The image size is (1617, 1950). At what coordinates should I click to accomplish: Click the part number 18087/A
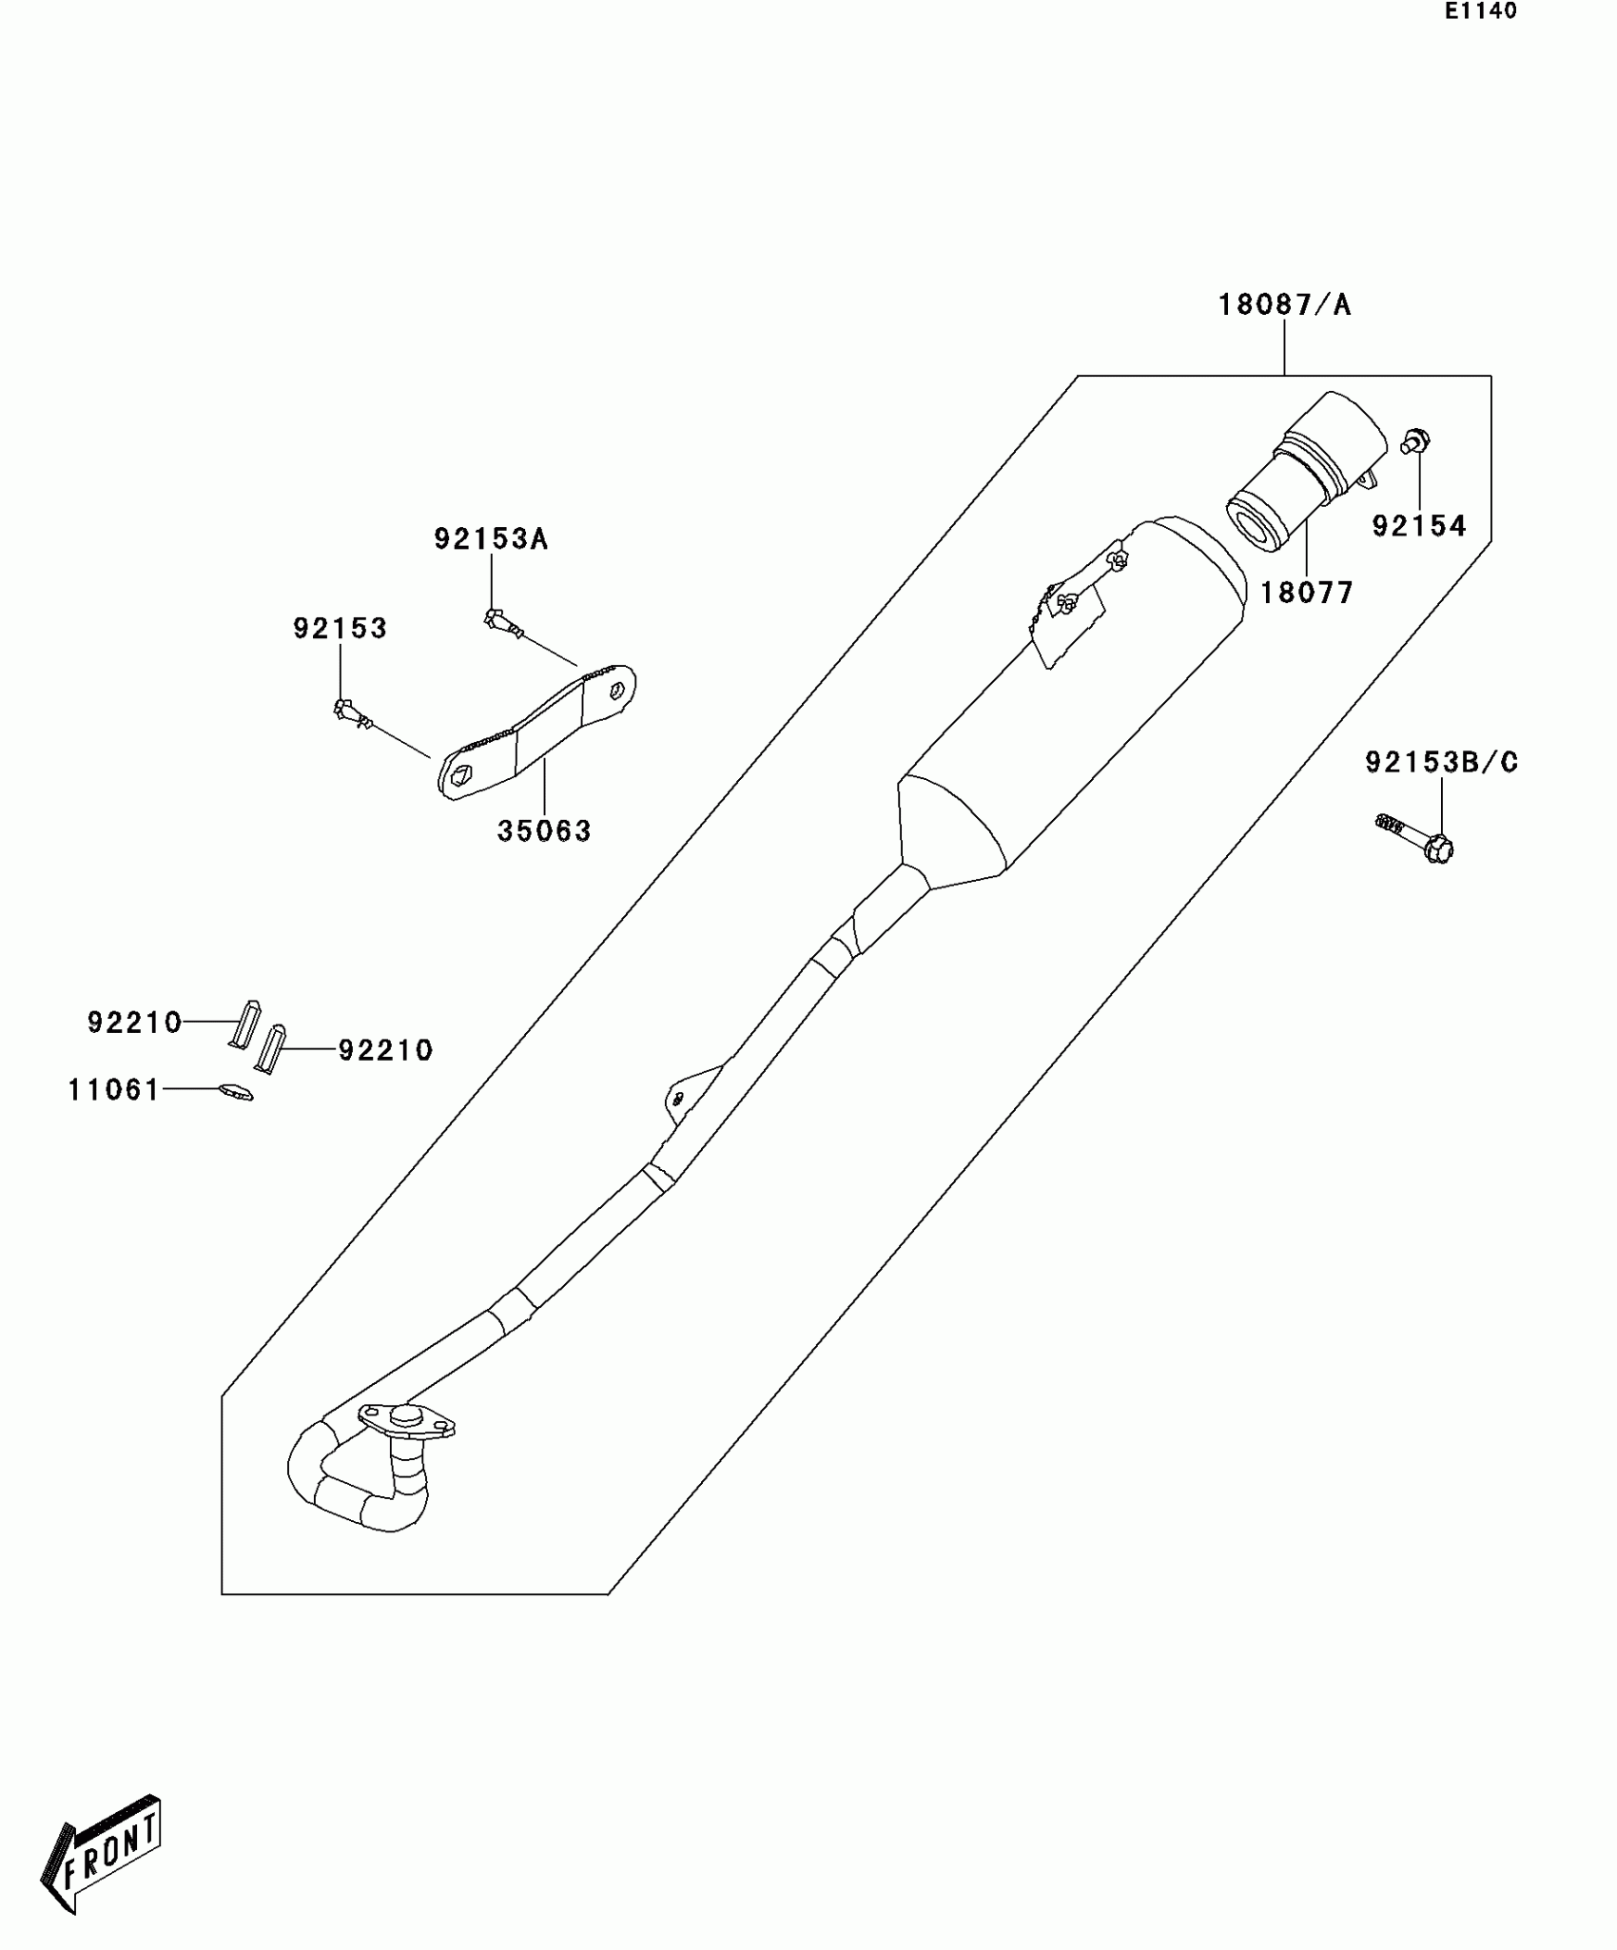click(x=1284, y=305)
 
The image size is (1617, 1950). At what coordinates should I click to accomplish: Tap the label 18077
click(x=1306, y=594)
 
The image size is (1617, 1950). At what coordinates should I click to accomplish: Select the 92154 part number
click(x=1418, y=526)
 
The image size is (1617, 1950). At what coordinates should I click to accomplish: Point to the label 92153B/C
click(x=1441, y=762)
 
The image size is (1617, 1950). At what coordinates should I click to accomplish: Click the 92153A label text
click(x=491, y=539)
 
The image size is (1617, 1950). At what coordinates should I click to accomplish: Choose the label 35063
click(x=544, y=831)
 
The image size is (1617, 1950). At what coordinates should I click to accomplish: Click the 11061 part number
click(x=114, y=1090)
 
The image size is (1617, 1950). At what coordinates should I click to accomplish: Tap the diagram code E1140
click(x=1481, y=11)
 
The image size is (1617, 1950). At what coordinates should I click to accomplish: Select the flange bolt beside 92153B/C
click(x=1417, y=836)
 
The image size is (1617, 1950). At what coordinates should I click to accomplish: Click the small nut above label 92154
click(x=1416, y=441)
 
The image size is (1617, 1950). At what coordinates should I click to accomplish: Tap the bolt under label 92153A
click(x=503, y=623)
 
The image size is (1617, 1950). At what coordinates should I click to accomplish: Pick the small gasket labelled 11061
click(x=236, y=1092)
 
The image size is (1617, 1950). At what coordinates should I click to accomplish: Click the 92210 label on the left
click(x=134, y=1023)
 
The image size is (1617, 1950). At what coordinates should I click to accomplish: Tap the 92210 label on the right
click(x=385, y=1050)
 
